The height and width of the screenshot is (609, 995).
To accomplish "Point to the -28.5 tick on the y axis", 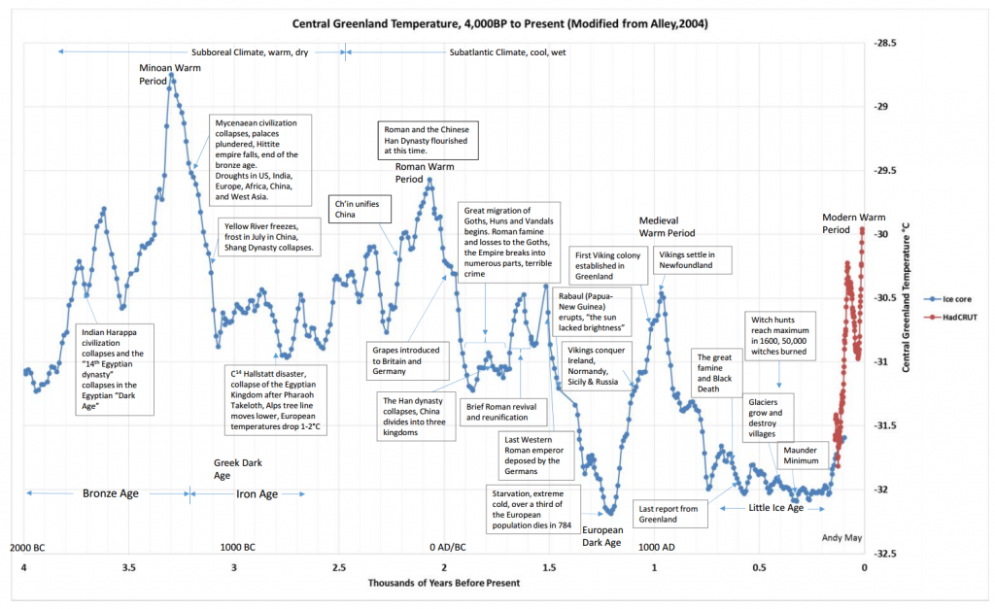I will [x=885, y=44].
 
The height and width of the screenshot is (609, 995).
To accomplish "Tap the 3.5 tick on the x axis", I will [x=128, y=567].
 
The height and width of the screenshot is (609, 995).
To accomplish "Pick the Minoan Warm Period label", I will [x=160, y=74].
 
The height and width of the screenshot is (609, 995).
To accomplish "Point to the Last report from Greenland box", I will [x=668, y=514].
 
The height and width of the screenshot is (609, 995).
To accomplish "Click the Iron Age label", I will [x=257, y=493].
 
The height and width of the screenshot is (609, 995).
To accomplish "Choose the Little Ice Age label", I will [x=775, y=508].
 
